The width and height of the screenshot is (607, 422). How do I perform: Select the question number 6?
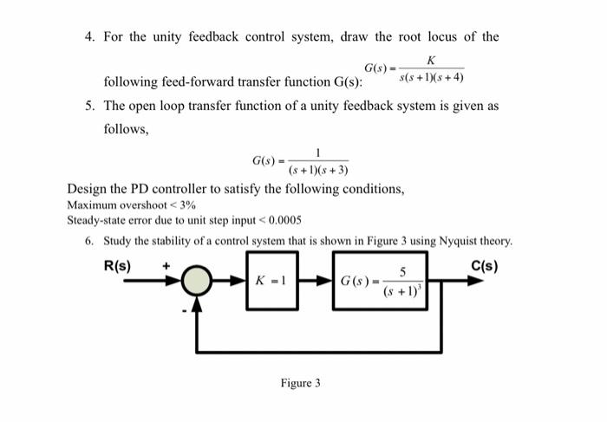[90, 240]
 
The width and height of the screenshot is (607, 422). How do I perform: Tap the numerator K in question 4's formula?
[432, 59]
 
